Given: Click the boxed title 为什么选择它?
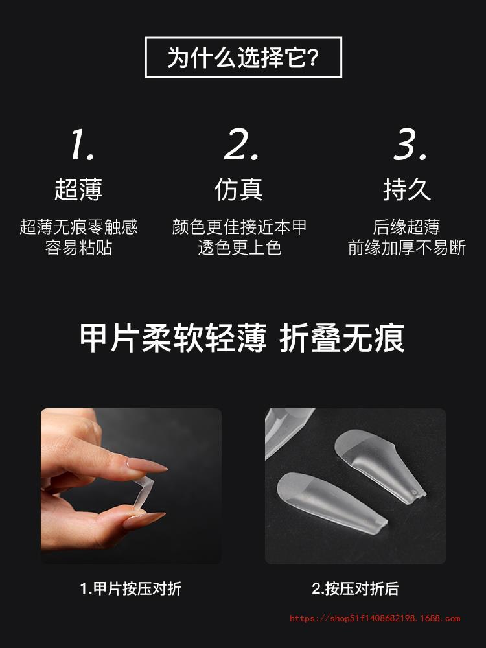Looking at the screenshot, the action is click(x=243, y=58).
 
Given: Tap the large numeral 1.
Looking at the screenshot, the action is click(x=82, y=144).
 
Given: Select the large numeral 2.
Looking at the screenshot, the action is click(x=241, y=144).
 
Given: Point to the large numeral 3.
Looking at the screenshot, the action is click(x=410, y=144).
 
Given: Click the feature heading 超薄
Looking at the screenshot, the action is click(x=78, y=190).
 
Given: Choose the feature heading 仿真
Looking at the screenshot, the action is click(x=239, y=190).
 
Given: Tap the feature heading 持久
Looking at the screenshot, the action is click(x=407, y=190).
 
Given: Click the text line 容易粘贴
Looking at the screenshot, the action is click(x=78, y=248).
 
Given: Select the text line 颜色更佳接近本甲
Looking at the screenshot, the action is click(x=239, y=226).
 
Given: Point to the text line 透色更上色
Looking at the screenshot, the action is click(x=240, y=248).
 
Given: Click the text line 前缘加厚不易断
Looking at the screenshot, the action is click(x=407, y=248).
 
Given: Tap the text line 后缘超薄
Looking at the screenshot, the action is click(x=407, y=226).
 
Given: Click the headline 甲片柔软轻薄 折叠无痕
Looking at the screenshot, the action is click(x=242, y=338).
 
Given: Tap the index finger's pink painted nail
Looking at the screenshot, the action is click(x=146, y=465).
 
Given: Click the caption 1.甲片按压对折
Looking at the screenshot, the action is click(x=131, y=588).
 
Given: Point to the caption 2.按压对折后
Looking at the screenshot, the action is click(x=355, y=588).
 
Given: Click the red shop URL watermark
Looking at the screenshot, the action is click(x=375, y=619).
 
